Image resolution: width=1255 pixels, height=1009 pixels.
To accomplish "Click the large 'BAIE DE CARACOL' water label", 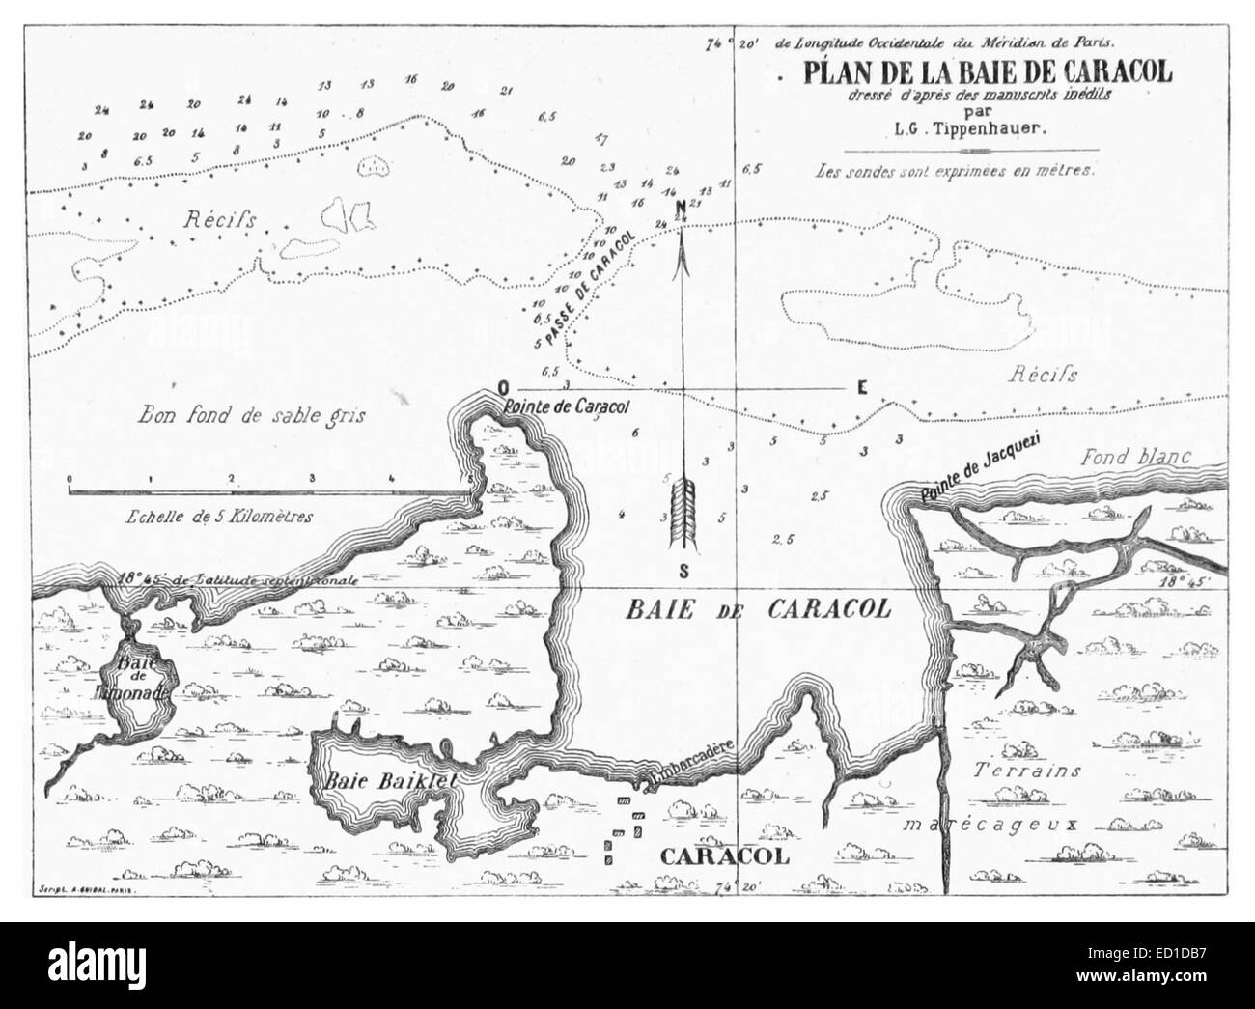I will (x=757, y=610).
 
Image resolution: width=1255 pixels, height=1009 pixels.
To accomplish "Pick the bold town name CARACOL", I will (x=724, y=856).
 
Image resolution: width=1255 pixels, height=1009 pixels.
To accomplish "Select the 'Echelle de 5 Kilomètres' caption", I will (x=220, y=517).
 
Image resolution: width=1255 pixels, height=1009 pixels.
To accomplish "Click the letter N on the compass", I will (x=681, y=207).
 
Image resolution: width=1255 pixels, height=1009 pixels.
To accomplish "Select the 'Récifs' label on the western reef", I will (x=218, y=220).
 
